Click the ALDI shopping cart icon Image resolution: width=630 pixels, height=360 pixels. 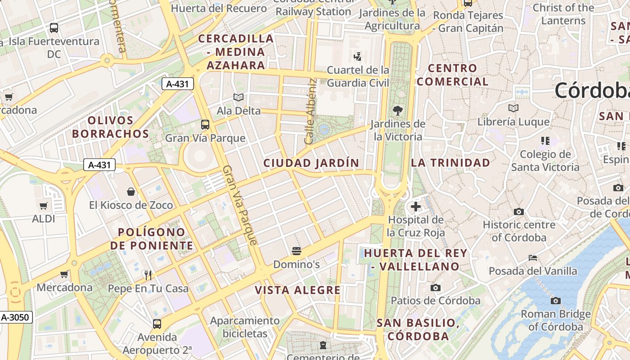(43, 206)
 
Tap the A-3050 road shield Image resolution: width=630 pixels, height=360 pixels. (16, 317)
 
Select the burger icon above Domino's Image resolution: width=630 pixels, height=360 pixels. (296, 251)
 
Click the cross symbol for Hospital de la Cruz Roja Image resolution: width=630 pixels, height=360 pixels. (416, 207)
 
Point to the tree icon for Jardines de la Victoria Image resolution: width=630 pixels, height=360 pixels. (397, 110)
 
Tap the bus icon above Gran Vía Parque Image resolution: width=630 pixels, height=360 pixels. (205, 125)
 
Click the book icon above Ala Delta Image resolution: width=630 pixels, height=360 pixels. (238, 97)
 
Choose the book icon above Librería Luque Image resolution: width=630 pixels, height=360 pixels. (513, 108)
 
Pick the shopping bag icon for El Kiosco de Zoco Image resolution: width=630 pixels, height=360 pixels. (131, 192)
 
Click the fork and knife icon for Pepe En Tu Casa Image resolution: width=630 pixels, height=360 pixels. (148, 275)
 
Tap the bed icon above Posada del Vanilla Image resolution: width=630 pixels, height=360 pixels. (533, 258)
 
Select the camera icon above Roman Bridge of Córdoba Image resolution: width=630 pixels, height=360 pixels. (556, 301)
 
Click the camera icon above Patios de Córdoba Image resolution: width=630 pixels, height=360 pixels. (435, 288)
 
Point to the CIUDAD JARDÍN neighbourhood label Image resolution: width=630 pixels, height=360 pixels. (311, 163)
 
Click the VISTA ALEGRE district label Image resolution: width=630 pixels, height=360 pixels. (298, 290)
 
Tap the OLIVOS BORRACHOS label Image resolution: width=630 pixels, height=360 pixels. (111, 127)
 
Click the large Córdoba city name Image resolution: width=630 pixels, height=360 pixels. (592, 90)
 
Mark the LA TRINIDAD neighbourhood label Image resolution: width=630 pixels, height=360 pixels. (450, 163)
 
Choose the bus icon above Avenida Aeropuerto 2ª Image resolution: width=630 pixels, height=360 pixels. (157, 324)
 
